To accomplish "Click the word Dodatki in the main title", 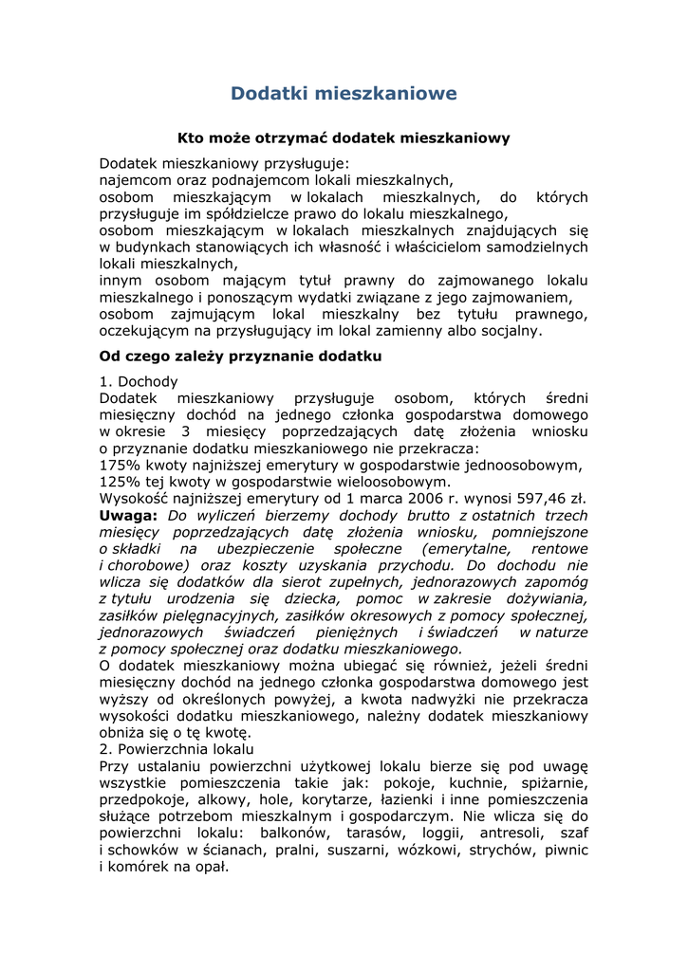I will [269, 93].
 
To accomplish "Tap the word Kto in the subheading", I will [192, 138].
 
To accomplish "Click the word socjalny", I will [511, 331].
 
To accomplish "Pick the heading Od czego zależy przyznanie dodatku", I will [240, 357].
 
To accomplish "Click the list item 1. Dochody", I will [139, 382].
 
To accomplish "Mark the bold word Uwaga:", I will [128, 516].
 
